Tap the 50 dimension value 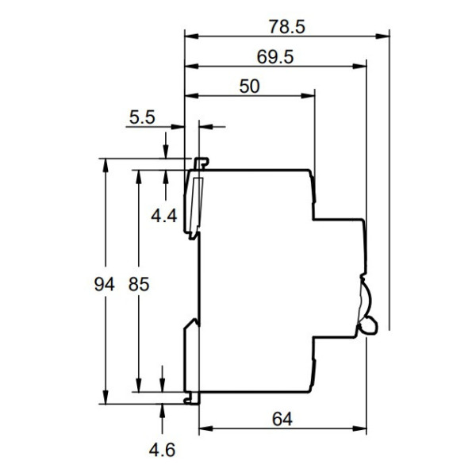pos(249,86)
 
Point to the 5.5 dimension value pos(144,118)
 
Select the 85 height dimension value pos(139,283)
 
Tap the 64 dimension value pos(281,420)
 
